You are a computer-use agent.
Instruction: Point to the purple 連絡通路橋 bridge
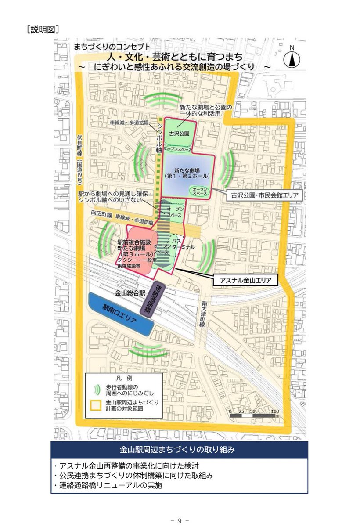157,298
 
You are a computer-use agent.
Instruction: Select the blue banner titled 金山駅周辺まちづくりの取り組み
179,450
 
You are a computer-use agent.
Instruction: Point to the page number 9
180,520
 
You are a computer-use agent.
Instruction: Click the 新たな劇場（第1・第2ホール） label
188,172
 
